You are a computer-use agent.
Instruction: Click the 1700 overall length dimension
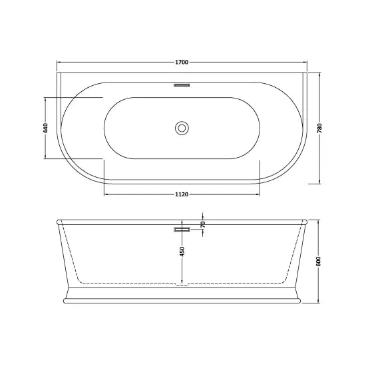182,63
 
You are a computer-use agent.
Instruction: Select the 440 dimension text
46,128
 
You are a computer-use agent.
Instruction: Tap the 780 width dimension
321,128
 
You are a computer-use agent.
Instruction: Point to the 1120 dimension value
182,194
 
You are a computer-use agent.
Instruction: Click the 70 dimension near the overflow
202,225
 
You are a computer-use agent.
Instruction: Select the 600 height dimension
319,261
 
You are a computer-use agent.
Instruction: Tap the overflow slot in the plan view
182,86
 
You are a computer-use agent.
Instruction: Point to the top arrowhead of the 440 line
46,99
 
